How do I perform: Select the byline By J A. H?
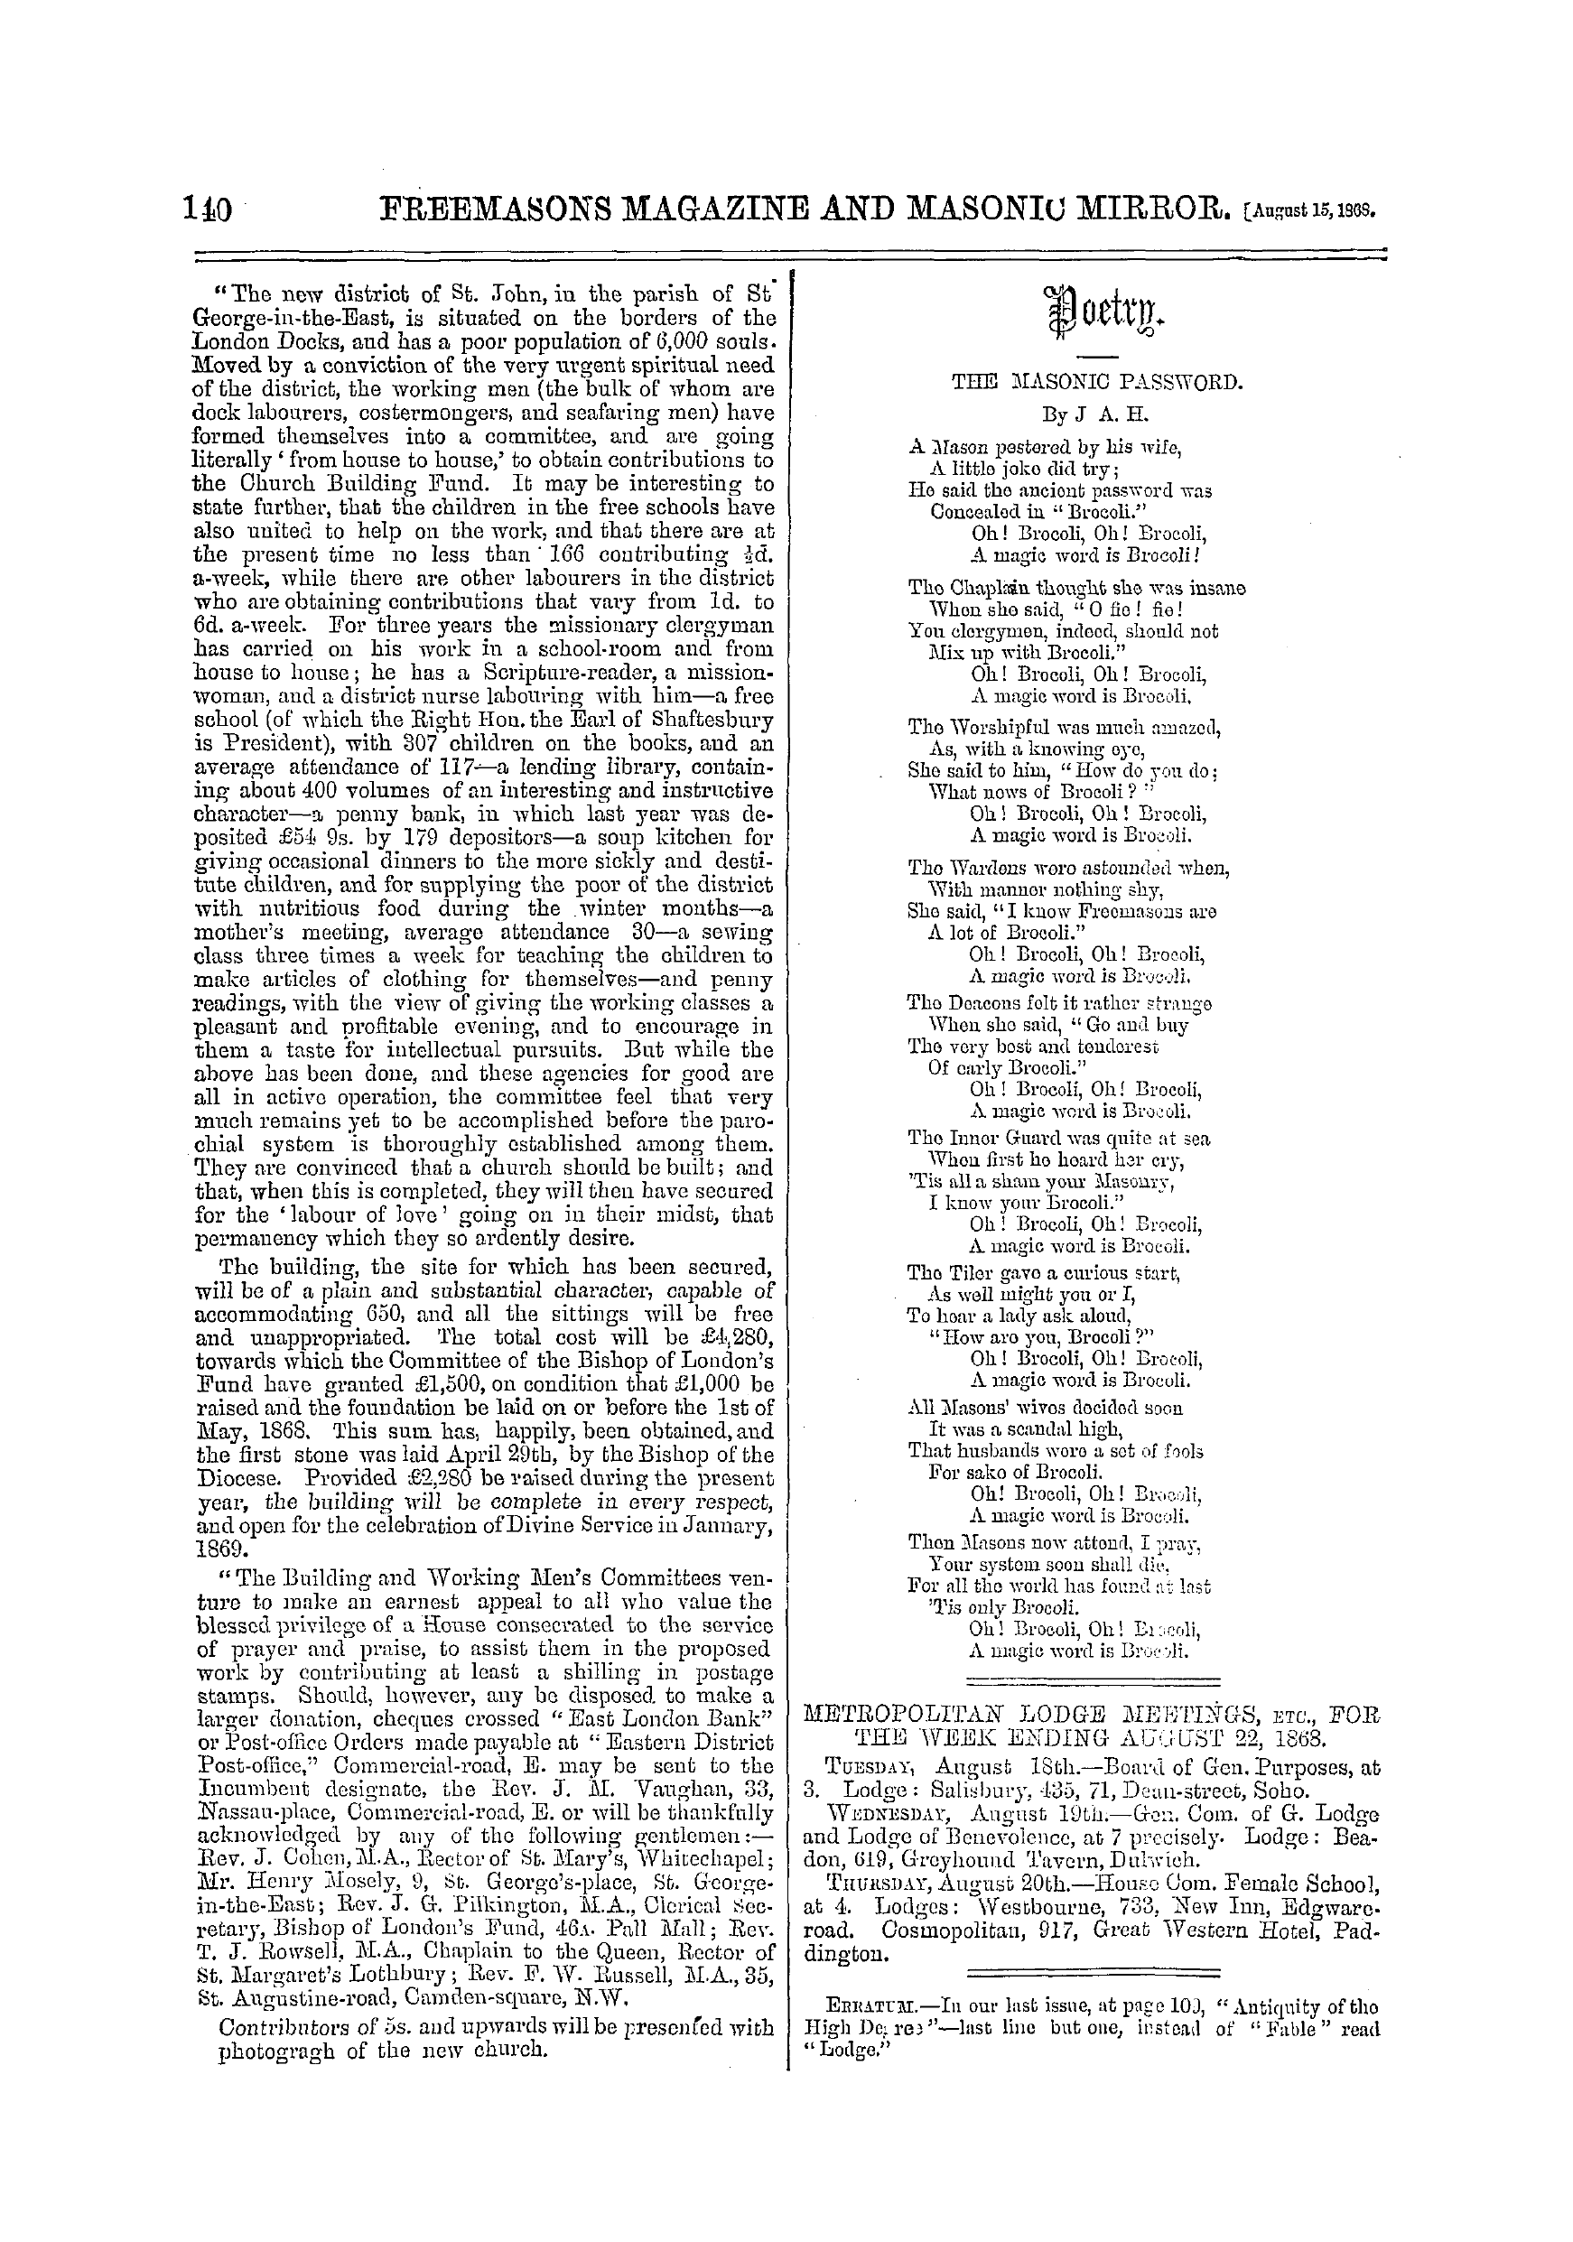(1097, 415)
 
